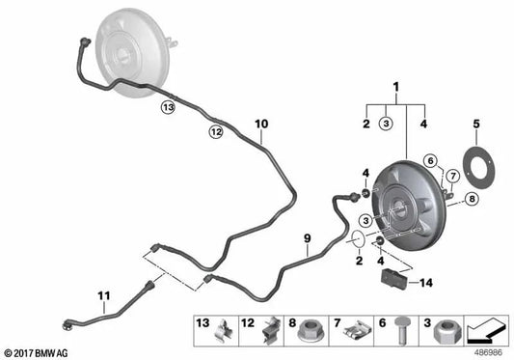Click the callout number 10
pyautogui.click(x=260, y=125)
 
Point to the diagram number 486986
pyautogui.click(x=493, y=352)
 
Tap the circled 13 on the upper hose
pyautogui.click(x=169, y=108)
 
